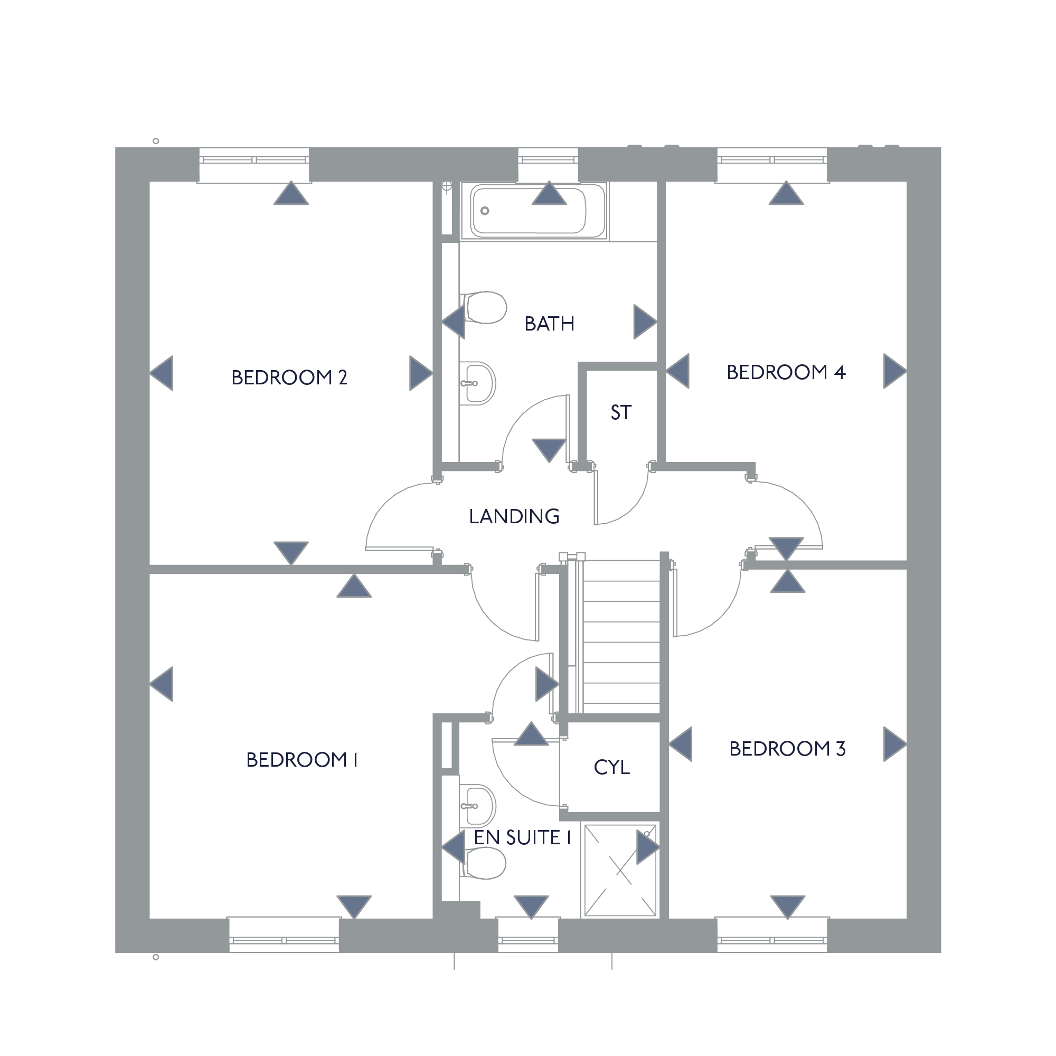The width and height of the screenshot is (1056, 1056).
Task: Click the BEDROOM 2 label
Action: pos(289,378)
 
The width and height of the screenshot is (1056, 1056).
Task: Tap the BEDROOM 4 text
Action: pos(786,372)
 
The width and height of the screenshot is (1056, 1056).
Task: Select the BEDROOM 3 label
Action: pos(787,749)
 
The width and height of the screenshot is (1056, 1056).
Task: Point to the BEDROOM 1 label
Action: pos(301,760)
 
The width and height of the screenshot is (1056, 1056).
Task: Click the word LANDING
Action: pos(514,516)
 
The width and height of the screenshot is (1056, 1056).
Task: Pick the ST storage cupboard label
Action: pos(621,413)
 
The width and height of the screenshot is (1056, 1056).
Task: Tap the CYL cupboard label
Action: pos(611,767)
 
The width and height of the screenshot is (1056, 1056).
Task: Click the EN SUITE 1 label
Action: pos(523,837)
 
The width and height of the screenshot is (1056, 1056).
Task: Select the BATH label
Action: pos(549,324)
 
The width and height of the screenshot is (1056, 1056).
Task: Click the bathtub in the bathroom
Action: pos(534,211)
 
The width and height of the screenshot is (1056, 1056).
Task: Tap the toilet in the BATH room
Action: pos(483,308)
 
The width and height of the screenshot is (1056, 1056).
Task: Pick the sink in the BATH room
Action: pos(477,383)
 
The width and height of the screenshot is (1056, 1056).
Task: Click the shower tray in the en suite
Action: pos(620,870)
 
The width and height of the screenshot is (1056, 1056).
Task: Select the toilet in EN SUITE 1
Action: pos(483,863)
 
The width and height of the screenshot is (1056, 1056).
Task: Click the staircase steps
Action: pos(621,637)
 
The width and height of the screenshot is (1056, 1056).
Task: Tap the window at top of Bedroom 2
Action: pos(253,164)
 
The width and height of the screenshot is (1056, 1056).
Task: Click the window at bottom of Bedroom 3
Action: pos(772,936)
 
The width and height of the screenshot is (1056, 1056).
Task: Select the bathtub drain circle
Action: pos(484,211)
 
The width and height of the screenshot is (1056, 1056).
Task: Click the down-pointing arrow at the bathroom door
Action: pos(549,450)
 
